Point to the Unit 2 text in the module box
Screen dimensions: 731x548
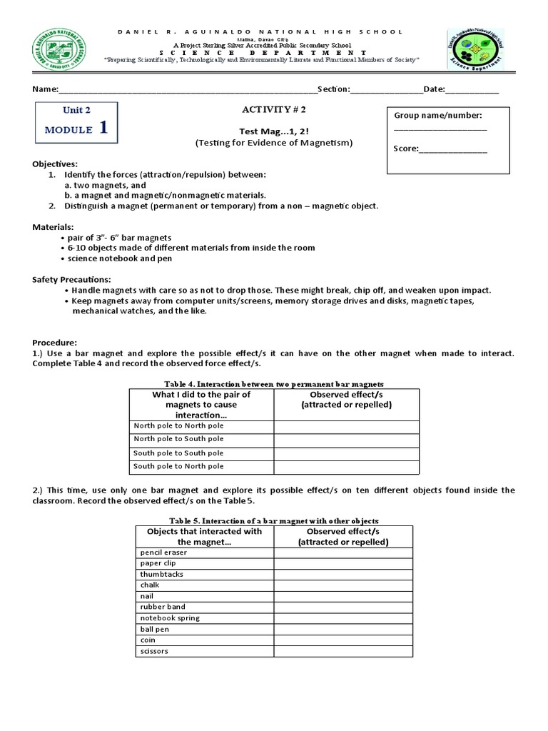(77, 110)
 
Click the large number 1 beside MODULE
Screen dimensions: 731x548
(104, 128)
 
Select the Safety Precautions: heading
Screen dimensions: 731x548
(71, 279)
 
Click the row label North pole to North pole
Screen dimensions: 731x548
(178, 426)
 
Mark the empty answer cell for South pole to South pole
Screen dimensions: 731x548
(346, 453)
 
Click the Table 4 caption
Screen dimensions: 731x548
(274, 384)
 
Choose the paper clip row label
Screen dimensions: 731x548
(158, 563)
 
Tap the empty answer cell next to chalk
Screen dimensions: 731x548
(342, 585)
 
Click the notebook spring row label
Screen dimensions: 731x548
(170, 618)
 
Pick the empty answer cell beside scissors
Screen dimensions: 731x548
(342, 651)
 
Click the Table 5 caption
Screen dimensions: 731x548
(274, 520)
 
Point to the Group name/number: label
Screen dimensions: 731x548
(437, 116)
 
